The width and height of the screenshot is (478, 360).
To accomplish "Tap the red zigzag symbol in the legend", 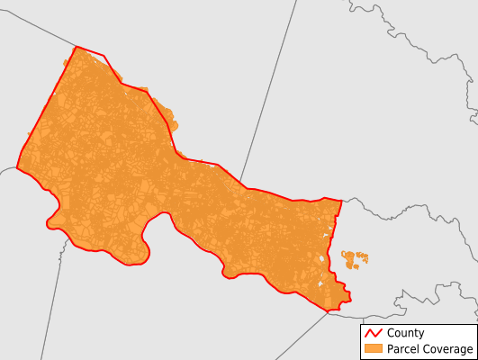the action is point(373,333).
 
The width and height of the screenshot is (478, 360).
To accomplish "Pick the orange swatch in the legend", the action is point(373,348).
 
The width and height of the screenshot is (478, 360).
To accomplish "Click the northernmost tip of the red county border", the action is point(76,47).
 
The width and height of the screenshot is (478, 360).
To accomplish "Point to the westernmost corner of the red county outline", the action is point(17,166).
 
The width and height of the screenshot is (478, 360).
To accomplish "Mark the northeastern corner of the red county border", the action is point(341,200).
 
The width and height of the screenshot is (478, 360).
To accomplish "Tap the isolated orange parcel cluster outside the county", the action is point(355,260).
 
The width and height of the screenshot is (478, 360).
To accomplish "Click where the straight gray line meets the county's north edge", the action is point(240,184).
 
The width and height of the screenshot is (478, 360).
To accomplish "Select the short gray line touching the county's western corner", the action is point(7,168).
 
